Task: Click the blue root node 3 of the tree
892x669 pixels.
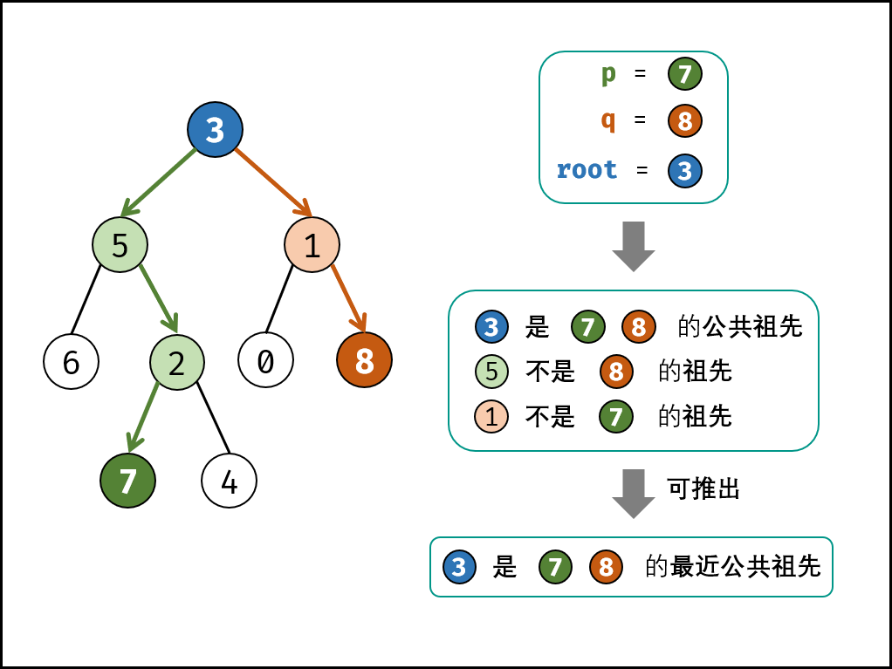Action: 215,130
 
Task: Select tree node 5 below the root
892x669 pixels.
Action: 120,245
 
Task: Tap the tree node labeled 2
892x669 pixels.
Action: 176,363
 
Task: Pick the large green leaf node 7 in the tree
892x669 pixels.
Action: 127,481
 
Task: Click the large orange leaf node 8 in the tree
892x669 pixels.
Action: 364,359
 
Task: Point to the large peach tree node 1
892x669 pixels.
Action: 312,245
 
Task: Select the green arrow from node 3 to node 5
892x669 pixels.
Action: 159,182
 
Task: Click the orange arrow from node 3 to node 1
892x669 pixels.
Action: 272,181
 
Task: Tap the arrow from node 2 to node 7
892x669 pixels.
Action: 144,416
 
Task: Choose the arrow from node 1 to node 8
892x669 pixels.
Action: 348,298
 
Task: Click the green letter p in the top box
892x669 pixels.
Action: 608,74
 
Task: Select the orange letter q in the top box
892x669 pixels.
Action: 608,120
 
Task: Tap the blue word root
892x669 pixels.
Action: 587,169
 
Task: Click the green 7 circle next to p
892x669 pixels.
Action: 685,74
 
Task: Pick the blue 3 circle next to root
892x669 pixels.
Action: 685,171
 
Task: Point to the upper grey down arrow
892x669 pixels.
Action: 634,246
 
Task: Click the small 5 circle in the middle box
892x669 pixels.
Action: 491,372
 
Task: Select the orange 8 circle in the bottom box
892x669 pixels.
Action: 606,567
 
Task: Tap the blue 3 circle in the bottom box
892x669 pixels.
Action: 459,567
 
